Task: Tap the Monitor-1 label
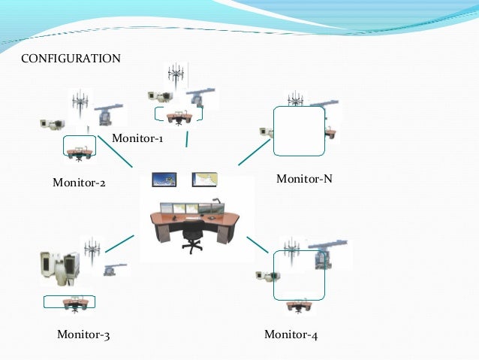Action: pos(137,138)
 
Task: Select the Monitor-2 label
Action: pos(79,182)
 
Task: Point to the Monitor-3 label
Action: pos(83,335)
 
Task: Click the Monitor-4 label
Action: pos(291,335)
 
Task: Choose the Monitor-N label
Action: pos(304,179)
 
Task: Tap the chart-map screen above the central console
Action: pos(204,180)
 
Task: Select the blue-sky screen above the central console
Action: pos(164,180)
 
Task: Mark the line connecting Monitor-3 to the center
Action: pos(120,244)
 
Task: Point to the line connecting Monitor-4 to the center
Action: pos(258,245)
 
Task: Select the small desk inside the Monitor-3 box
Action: pos(74,303)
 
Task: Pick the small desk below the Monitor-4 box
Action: pos(298,305)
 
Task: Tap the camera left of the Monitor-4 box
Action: pos(264,276)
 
